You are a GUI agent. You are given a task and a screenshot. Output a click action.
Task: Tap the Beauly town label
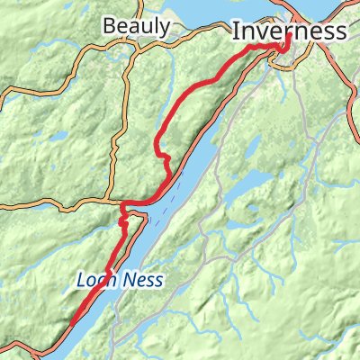click(136, 26)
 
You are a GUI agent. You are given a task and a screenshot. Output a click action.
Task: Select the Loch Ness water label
click(119, 281)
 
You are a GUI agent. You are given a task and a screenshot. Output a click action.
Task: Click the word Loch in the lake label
click(94, 281)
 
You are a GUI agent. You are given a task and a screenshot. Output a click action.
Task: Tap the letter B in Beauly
click(109, 26)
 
